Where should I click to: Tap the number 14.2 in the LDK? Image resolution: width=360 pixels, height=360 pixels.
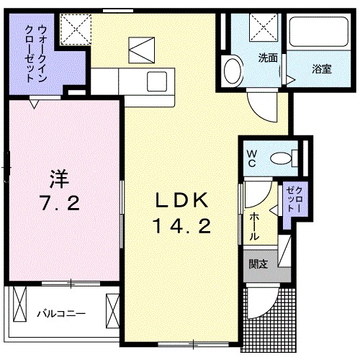pos(181,227)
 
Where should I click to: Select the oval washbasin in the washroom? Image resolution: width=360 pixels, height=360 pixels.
pos(233,71)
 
